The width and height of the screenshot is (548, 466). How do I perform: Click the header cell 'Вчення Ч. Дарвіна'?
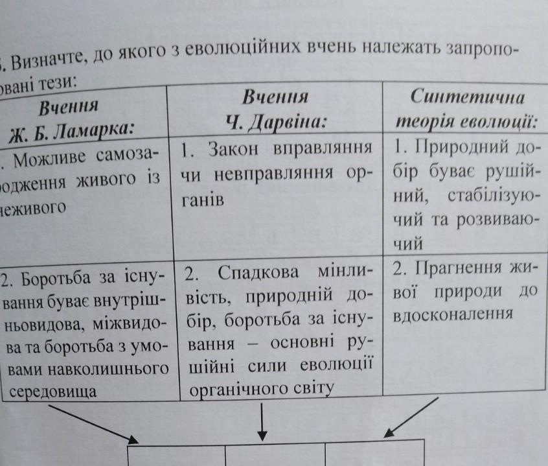[x=275, y=110]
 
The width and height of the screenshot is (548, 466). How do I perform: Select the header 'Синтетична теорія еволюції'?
[x=467, y=110]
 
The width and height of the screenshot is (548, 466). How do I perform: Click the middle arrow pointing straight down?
[x=262, y=421]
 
